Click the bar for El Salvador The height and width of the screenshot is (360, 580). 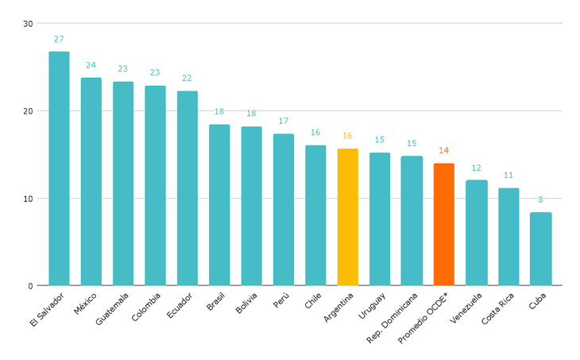point(59,168)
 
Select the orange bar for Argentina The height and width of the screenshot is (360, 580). point(347,217)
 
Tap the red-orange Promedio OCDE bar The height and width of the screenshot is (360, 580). point(443,224)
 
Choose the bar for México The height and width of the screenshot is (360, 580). point(91,181)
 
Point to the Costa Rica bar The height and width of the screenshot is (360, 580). point(508,237)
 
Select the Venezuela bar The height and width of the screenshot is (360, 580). point(476,233)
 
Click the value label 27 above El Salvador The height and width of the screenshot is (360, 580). point(59,38)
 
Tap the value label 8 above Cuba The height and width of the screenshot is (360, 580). point(540,199)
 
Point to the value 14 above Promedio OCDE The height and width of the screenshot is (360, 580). point(443,150)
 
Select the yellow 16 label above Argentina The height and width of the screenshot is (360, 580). point(347,136)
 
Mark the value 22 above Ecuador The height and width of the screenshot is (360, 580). point(187,78)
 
